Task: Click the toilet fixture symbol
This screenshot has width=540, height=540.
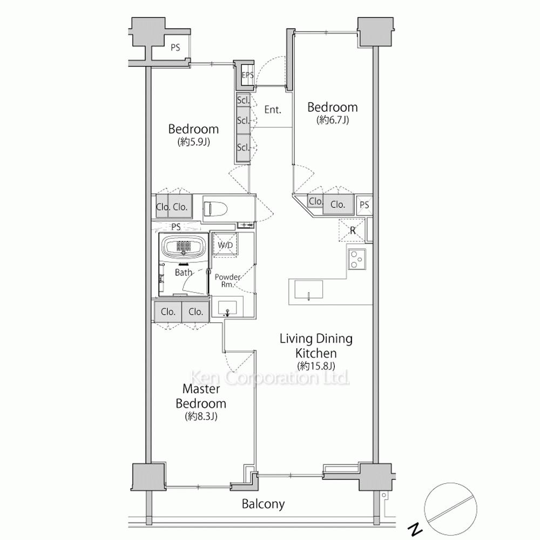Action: point(215,208)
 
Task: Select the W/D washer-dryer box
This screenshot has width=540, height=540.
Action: point(225,245)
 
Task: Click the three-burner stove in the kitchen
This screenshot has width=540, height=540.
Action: point(356,259)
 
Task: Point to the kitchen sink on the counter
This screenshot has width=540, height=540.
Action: point(308,289)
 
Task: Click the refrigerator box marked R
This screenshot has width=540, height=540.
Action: point(352,230)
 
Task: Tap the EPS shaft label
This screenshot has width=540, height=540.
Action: point(248,75)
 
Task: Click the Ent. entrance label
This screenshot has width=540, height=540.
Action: point(273,110)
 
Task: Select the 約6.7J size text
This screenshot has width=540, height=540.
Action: point(333,120)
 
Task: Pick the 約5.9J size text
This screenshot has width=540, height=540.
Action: point(193,141)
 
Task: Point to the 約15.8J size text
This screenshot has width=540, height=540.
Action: point(316,366)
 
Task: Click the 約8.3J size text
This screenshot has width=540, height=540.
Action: point(201,416)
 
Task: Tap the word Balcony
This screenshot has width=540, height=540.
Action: point(263,504)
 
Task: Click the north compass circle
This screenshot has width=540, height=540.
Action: point(450,509)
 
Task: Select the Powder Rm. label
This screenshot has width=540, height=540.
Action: point(227,281)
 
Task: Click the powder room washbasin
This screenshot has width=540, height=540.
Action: point(227,308)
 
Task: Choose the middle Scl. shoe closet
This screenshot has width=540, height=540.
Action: point(243,120)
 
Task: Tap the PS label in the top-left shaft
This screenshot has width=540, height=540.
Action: point(175,48)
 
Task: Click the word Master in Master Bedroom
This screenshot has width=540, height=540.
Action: point(201,389)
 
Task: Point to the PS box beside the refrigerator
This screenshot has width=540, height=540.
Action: point(364,205)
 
